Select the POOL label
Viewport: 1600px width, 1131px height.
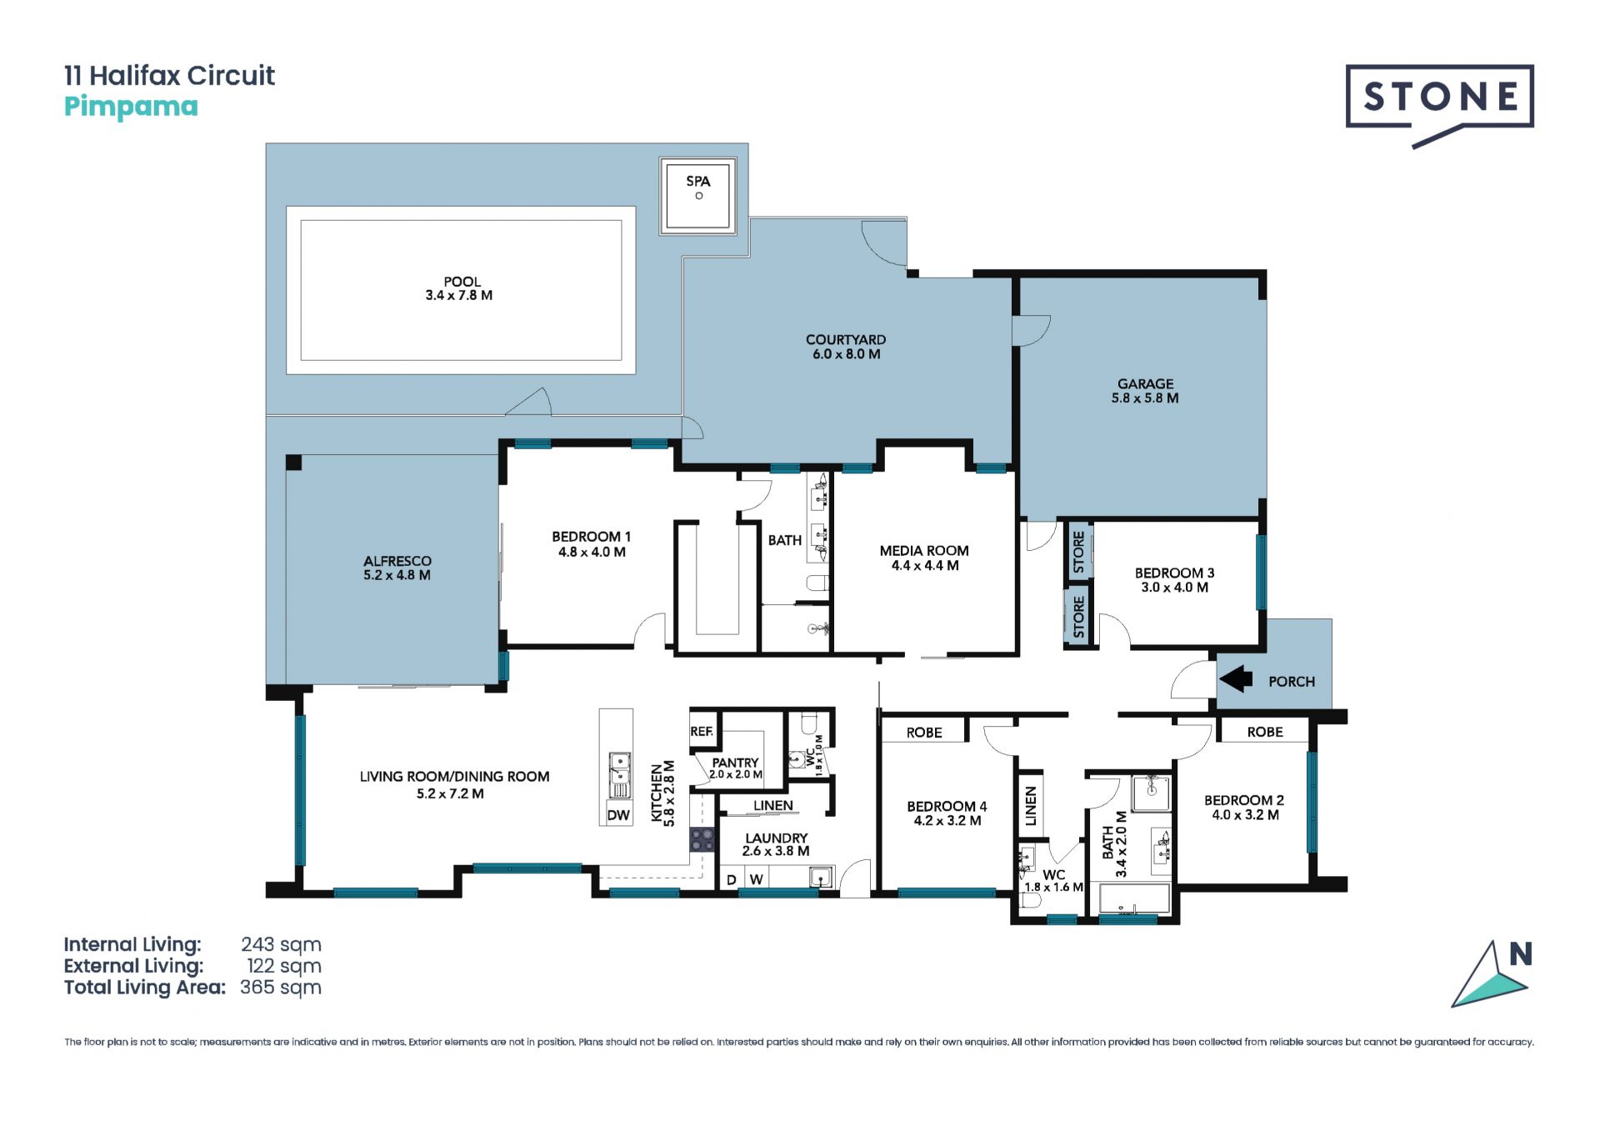462,282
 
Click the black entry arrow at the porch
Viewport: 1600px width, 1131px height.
1236,679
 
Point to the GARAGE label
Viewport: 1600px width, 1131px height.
1145,383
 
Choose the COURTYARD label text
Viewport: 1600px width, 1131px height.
846,339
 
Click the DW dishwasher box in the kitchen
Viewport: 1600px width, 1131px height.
618,815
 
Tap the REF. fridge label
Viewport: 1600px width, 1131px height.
702,731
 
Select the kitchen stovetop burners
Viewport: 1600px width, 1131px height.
702,839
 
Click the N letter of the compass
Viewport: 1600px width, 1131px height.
1521,954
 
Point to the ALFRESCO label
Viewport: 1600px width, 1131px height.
397,561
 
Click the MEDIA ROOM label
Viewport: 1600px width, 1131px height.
924,550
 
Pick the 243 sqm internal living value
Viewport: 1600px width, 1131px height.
281,944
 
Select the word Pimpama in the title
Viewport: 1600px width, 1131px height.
131,107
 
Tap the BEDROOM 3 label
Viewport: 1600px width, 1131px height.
1174,573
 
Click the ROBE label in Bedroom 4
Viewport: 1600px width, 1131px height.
924,733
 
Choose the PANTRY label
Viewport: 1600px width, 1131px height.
735,763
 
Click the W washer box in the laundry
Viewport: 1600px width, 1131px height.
756,879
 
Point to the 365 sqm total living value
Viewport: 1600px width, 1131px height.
281,988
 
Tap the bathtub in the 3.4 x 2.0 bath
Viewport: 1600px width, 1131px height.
1134,898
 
